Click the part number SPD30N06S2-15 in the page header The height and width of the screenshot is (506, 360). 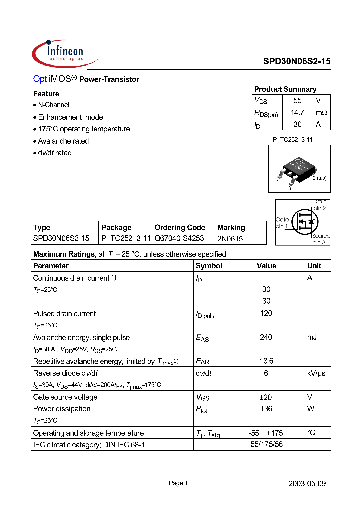click(297, 61)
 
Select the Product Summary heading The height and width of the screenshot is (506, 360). click(285, 89)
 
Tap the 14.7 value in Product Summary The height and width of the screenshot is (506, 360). click(297, 113)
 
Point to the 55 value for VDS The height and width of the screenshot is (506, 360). click(297, 101)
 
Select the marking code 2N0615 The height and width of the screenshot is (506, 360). click(230, 239)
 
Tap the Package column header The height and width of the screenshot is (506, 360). click(116, 227)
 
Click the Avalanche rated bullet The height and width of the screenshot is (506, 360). click(63, 141)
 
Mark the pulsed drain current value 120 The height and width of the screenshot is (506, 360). click(266, 313)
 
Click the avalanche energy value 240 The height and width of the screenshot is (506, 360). click(266, 337)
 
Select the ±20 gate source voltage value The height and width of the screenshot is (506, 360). click(266, 397)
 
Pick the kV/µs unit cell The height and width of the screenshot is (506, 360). click(316, 373)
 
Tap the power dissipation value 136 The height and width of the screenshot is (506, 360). click(266, 409)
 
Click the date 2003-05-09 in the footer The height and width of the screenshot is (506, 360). click(307, 484)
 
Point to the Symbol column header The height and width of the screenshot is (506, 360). click(209, 266)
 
